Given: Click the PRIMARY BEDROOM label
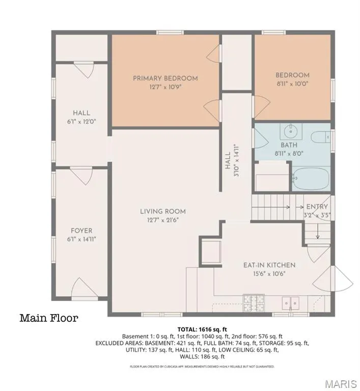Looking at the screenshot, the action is click(165, 78).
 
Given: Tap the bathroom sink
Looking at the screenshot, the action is click(291, 131).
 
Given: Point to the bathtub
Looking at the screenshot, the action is click(311, 179).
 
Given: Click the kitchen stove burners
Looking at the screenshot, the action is click(254, 303).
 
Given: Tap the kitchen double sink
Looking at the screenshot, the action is click(291, 303).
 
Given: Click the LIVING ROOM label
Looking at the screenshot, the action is click(163, 211).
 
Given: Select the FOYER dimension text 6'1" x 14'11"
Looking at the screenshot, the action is click(81, 239).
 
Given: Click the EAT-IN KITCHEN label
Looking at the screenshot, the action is click(269, 265).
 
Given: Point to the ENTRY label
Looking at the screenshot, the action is click(317, 207).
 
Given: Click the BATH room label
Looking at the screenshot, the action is click(289, 145).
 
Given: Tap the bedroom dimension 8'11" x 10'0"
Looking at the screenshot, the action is click(292, 83).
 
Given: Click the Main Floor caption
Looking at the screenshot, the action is click(49, 318).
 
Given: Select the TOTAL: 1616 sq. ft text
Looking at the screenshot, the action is click(202, 329).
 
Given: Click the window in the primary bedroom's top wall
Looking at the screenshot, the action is click(170, 33).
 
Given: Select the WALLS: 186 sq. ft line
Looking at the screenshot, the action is click(202, 356).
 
